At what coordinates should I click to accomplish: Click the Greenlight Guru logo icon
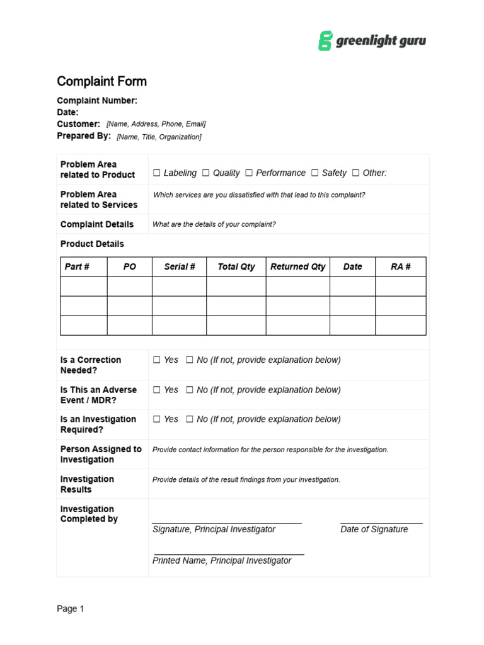(x=325, y=41)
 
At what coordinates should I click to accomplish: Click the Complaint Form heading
(x=101, y=81)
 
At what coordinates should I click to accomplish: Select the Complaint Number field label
(x=97, y=101)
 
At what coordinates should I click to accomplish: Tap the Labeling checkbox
(x=157, y=173)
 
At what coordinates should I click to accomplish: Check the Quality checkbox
(x=206, y=173)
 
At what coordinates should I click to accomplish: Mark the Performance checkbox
(x=249, y=173)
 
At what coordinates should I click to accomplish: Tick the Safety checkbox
(x=314, y=173)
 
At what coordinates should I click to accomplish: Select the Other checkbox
(x=356, y=173)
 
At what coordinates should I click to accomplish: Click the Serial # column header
(x=180, y=267)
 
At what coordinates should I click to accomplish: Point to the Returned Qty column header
(x=297, y=267)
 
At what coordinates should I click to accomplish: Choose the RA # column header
(x=401, y=267)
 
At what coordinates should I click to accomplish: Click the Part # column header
(x=77, y=267)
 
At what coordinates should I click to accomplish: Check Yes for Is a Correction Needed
(x=157, y=360)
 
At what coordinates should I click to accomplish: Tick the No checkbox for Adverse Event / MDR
(x=190, y=391)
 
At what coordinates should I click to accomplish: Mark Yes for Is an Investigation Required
(x=157, y=420)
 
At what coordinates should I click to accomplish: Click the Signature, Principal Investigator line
(x=227, y=522)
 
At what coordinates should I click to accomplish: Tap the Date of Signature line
(x=381, y=522)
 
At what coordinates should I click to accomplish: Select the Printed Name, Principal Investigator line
(x=228, y=554)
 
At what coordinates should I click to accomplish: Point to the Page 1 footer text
(x=71, y=609)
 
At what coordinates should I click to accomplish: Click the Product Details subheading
(x=92, y=244)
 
